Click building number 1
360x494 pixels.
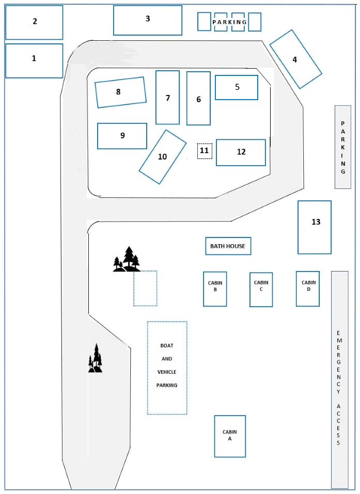(x=34, y=61)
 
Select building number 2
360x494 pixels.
(x=34, y=23)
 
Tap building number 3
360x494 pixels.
(x=148, y=20)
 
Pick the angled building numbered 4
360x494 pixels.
(x=295, y=59)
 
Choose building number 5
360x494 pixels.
(x=237, y=87)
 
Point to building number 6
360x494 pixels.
(x=198, y=98)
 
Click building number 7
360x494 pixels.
(x=167, y=97)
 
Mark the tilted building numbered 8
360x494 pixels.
(x=120, y=92)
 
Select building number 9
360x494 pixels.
(x=122, y=136)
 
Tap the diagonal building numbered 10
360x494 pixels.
(x=162, y=157)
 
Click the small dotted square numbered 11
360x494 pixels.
(x=205, y=151)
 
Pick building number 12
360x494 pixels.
(x=241, y=152)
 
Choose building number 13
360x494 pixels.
(x=315, y=227)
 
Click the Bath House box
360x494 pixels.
(x=228, y=246)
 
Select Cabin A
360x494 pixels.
(x=230, y=436)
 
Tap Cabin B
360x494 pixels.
(x=215, y=289)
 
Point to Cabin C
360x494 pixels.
(x=261, y=290)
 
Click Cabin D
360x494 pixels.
(x=308, y=289)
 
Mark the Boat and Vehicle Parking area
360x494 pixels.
(x=167, y=368)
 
